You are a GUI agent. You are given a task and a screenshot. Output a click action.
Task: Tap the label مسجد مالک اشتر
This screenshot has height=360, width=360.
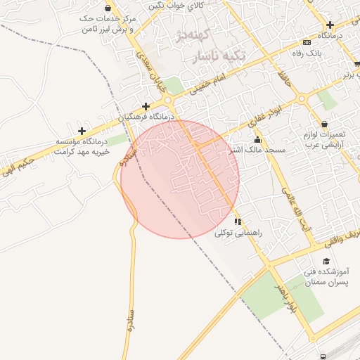coord(257,150)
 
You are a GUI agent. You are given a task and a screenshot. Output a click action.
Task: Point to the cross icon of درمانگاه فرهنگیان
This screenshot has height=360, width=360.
coord(146,106)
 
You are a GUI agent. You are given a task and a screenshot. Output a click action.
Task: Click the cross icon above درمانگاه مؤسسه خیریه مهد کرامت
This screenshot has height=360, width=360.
coord(82,131)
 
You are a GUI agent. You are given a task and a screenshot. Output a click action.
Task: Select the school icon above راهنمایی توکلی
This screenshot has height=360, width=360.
coord(238,221)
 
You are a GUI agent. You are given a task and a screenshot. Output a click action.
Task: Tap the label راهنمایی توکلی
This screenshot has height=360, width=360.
coord(238,232)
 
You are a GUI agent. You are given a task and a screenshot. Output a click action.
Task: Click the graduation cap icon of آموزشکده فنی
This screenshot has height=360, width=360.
coord(328,260)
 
